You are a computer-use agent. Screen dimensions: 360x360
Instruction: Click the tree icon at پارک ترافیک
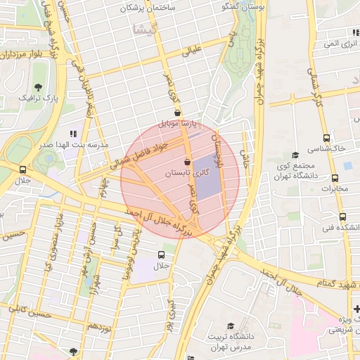pyautogui.click(x=37, y=86)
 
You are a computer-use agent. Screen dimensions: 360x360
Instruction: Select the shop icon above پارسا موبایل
pyautogui.click(x=176, y=112)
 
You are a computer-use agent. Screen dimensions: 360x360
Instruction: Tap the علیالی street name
pyautogui.click(x=192, y=50)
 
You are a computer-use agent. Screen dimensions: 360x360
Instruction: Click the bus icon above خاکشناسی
pyautogui.click(x=326, y=138)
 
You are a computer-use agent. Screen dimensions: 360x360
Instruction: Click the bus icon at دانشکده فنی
pyautogui.click(x=342, y=217)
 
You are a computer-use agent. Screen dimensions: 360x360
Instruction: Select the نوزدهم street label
pyautogui.click(x=96, y=327)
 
